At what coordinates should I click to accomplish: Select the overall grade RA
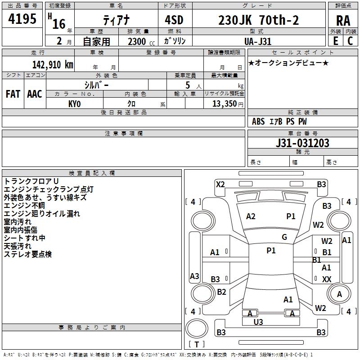coord(343,21)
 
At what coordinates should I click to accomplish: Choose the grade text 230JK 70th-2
coord(258,20)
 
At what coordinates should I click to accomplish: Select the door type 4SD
coord(173,20)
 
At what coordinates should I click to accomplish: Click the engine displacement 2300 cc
coord(137,41)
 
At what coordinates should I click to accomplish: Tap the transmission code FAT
coord(13,94)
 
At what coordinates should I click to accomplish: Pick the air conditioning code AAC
coord(34,94)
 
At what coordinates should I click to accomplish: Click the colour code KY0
coord(75,104)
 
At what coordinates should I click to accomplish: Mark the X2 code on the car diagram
coord(220,184)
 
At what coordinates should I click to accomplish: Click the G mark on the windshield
coord(284,237)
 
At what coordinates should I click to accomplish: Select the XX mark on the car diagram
coord(327,279)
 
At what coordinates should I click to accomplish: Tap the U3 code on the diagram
coord(258,322)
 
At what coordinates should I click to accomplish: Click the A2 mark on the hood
coord(251,216)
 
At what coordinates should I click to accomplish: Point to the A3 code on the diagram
coord(194,276)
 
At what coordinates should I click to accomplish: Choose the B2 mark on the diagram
coord(221,292)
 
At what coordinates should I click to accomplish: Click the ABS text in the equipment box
coord(258,121)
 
